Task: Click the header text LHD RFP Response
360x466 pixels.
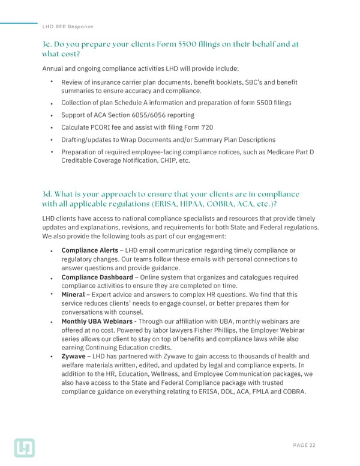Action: click(x=68, y=26)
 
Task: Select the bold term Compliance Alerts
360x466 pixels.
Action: click(x=89, y=250)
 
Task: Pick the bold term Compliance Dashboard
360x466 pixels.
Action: click(x=97, y=277)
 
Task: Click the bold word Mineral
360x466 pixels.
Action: click(x=73, y=295)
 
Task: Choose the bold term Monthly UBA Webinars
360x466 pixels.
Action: click(x=97, y=322)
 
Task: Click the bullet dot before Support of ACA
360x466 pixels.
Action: click(x=53, y=115)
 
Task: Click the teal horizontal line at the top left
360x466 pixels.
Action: click(x=19, y=23)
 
